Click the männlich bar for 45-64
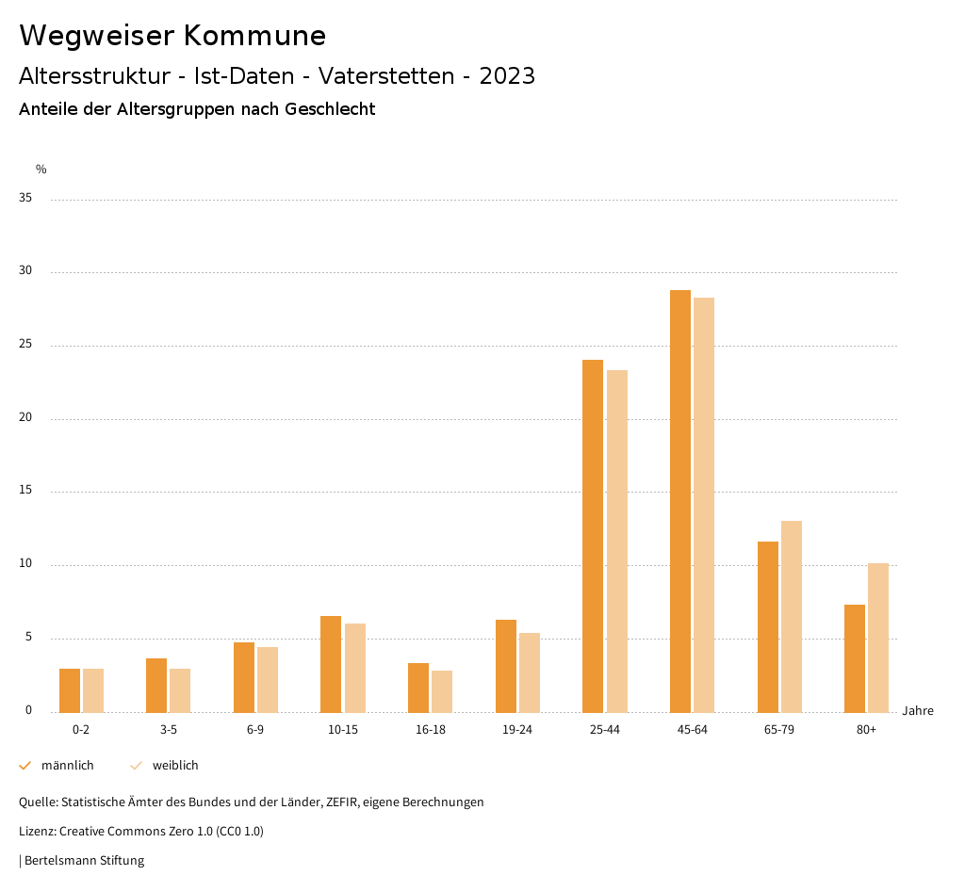tap(679, 501)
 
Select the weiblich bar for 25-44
tap(617, 541)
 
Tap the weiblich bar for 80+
tap(878, 638)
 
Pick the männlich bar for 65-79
tap(767, 626)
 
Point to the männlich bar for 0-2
tap(70, 690)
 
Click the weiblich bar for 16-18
tap(442, 691)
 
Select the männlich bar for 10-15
tap(331, 664)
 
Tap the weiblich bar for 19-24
tap(530, 672)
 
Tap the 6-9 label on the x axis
tap(255, 730)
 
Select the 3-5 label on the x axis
tap(168, 730)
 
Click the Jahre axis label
tap(917, 711)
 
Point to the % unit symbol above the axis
tap(41, 170)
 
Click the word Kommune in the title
tap(254, 36)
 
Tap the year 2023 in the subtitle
tap(507, 76)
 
